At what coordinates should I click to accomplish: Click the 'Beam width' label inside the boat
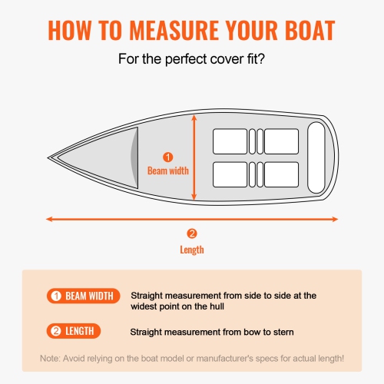pos(168,170)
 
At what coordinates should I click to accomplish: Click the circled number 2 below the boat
pos(192,234)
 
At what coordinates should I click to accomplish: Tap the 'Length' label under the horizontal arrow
pos(192,250)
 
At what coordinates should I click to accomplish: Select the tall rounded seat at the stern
pos(317,146)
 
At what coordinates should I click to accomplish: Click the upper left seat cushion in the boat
pos(229,141)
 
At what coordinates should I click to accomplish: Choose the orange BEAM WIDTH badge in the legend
pos(82,296)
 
